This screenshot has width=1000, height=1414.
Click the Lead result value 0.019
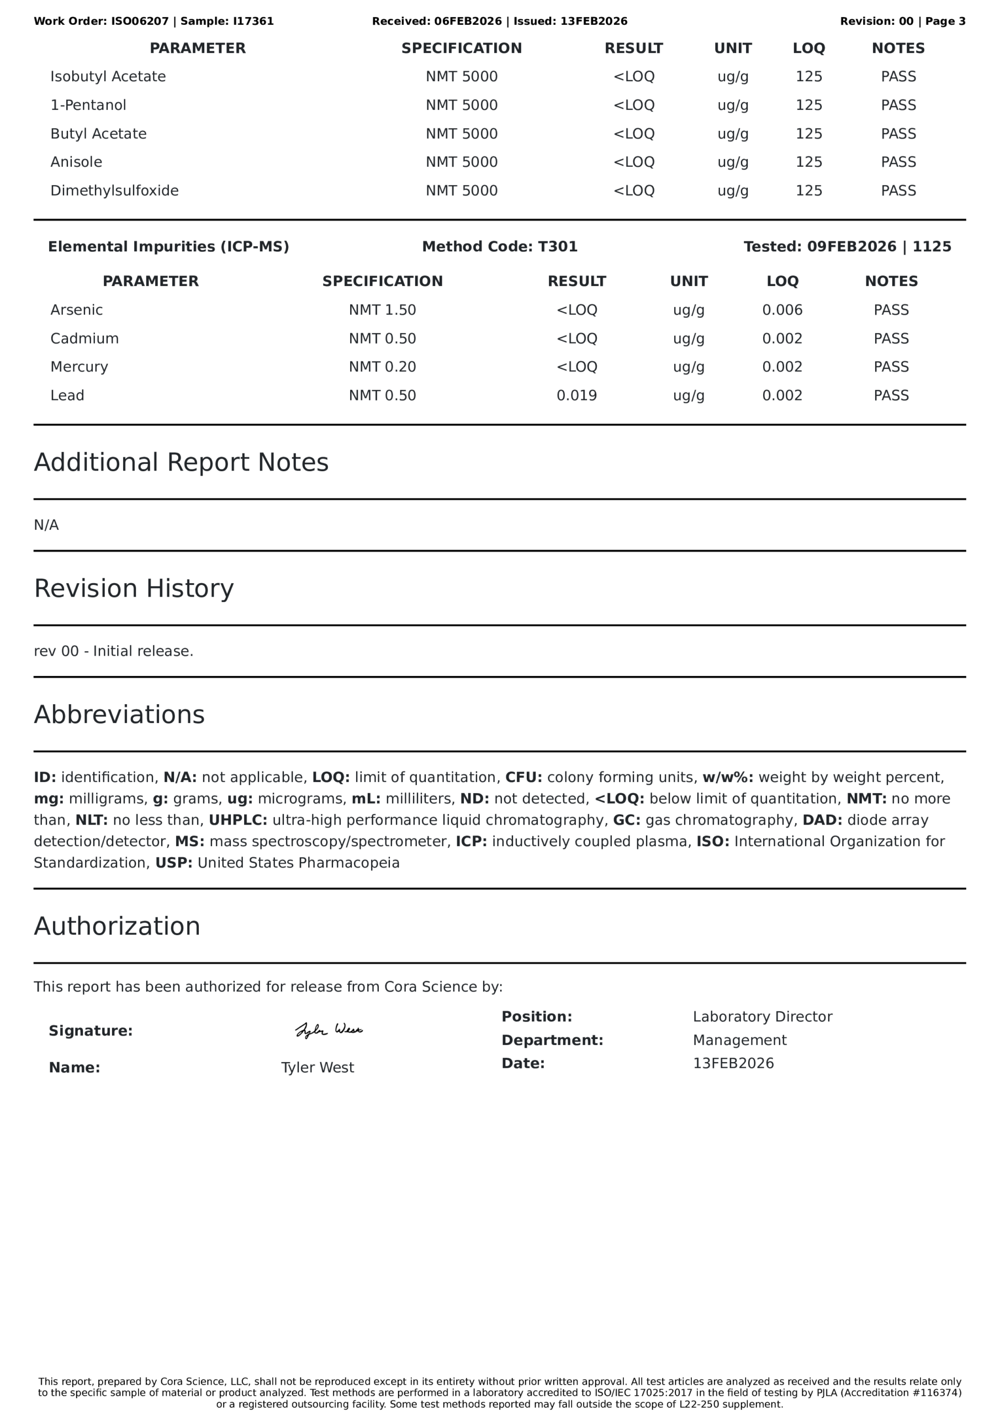coord(576,395)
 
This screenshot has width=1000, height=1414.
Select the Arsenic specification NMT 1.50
coord(383,310)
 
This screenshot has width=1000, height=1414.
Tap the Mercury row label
coord(80,367)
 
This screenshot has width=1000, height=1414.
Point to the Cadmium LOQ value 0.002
coord(782,339)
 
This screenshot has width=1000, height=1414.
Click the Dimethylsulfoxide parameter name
coord(114,191)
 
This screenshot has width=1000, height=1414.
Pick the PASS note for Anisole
coord(898,162)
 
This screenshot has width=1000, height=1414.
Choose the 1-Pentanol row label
coord(88,105)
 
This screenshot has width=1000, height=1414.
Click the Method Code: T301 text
coord(499,247)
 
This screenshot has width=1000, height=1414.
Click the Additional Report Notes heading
coord(181,462)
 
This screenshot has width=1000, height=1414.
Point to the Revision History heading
coord(134,589)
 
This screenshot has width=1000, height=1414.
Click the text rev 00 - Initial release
coord(113,652)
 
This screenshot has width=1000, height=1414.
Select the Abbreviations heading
coord(119,715)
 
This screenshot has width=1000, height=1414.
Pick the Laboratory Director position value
coord(763,1017)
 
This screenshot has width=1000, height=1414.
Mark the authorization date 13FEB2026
coord(733,1064)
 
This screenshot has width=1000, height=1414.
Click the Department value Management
coord(739,1040)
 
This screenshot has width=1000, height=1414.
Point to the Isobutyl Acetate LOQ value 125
coord(808,77)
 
